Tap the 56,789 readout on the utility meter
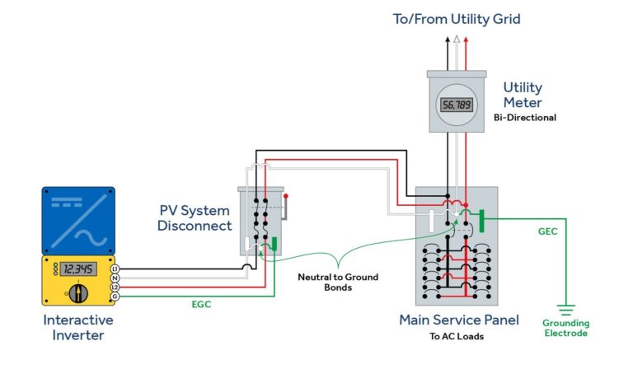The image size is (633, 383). pos(457,105)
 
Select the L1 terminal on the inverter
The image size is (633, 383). pos(115,269)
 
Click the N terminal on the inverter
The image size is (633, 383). pos(115,278)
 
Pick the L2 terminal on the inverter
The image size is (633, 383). pos(115,287)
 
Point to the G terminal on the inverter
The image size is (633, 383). pos(115,295)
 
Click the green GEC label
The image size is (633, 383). pos(548,231)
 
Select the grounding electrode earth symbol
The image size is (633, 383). pos(565,311)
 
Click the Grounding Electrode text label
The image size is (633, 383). pos(565,328)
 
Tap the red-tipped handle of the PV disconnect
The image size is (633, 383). pos(285,197)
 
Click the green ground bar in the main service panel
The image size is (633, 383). pos(482,218)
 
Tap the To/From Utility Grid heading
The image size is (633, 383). pos(456,18)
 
